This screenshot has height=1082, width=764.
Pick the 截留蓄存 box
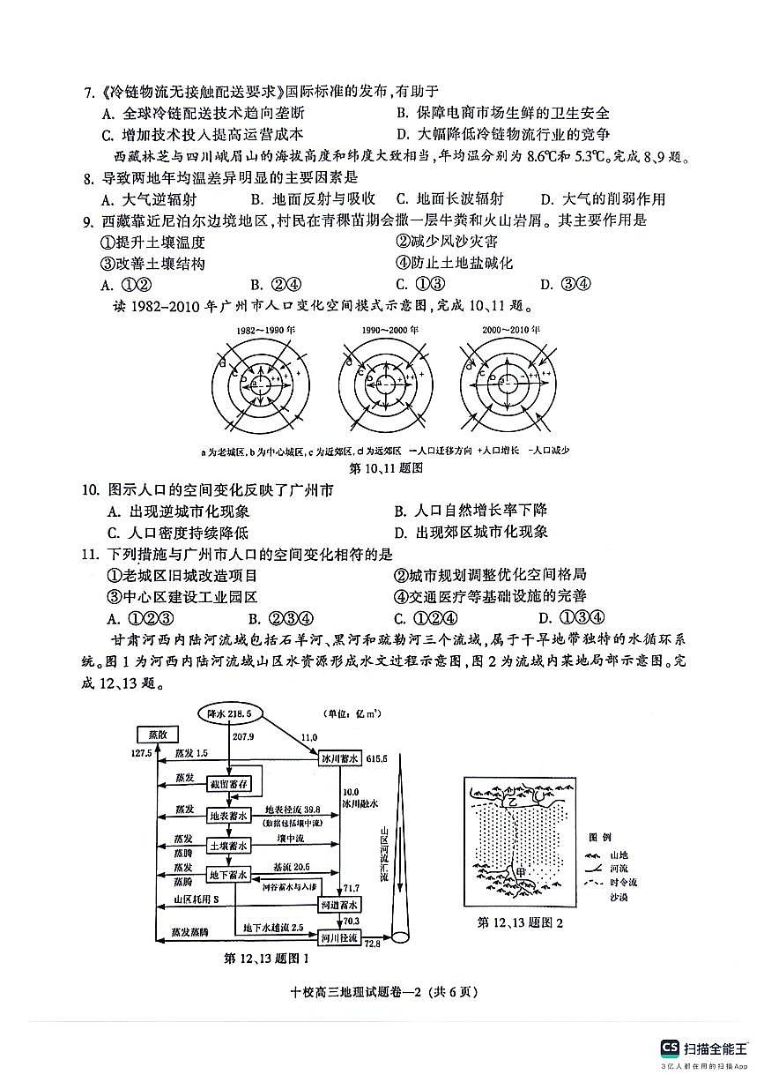229,783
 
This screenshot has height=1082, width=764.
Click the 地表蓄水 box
229,816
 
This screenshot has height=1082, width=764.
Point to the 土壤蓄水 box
229,846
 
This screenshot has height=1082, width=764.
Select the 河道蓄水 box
339,906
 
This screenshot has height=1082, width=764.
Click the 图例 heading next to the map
600,836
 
